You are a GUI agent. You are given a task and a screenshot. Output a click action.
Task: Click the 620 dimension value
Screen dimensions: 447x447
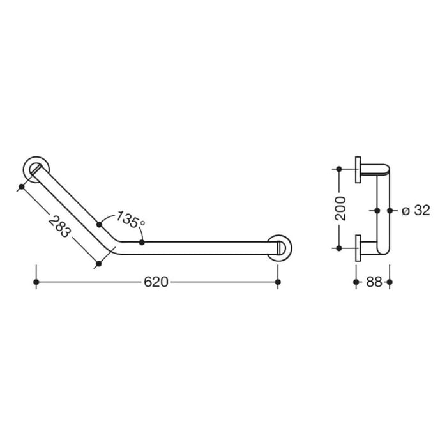pos(156,282)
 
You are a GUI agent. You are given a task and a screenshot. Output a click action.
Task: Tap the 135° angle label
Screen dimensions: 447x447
pos(131,221)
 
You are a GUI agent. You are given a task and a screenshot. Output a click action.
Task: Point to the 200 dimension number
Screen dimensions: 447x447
pos(341,208)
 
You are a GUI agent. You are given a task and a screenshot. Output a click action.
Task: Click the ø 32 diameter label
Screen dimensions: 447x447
pos(416,209)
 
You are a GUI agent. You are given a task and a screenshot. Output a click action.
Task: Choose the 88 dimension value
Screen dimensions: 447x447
pos(374,282)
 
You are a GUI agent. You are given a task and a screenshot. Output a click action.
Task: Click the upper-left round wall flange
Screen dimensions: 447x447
pos(36,169)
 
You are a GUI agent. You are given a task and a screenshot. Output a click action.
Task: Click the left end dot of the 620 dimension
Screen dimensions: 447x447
pos(36,282)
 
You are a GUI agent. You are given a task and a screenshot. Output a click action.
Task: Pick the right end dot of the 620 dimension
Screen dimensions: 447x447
pos(277,282)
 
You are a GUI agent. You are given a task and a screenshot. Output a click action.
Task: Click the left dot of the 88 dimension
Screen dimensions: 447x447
pos(356,282)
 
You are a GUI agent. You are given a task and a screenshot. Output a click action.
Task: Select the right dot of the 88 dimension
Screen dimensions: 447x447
pos(390,282)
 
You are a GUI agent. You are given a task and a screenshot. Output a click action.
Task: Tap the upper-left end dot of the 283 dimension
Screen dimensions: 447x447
pos(22,186)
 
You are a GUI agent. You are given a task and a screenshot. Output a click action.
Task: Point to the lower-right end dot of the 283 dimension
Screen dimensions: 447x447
pos(98,262)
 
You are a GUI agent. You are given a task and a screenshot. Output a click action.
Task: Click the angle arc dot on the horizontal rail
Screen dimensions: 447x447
pos(142,243)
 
